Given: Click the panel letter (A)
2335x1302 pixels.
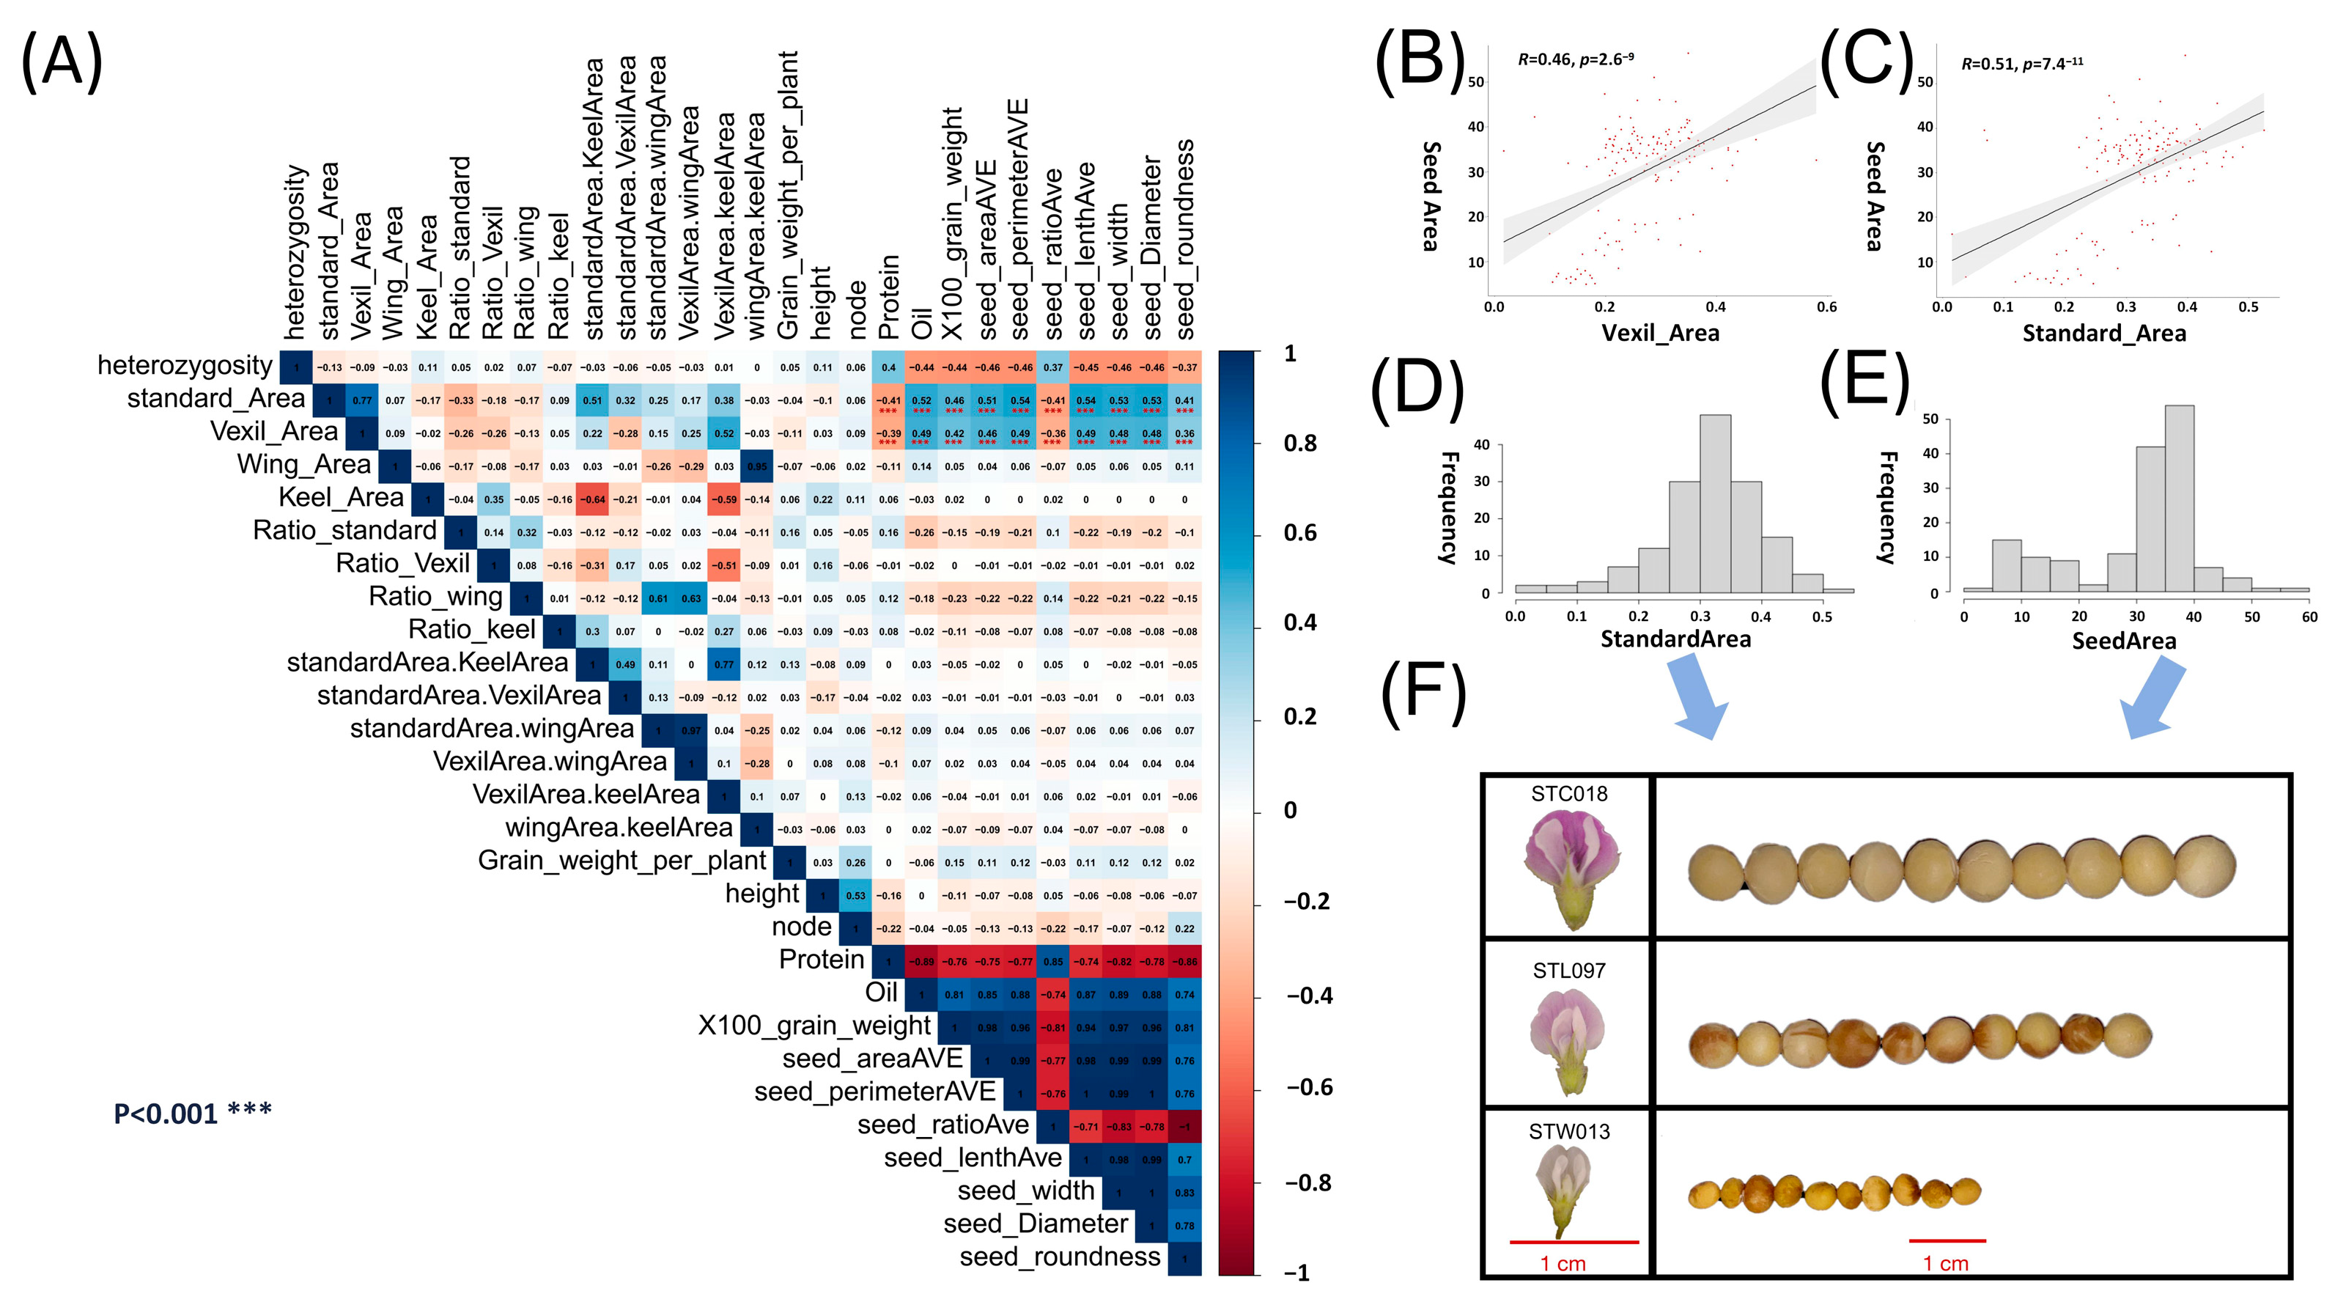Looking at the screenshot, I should (62, 61).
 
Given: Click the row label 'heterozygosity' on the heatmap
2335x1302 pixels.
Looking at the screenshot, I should (184, 364).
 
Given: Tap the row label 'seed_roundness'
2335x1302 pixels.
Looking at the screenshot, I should (1060, 1257).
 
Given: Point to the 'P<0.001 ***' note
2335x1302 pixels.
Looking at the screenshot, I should (192, 1113).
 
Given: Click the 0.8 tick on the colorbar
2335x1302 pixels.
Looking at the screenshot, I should (1300, 444).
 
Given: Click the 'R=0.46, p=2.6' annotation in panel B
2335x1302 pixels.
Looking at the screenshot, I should (1576, 60).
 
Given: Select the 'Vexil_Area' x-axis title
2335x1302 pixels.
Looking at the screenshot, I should (1660, 333).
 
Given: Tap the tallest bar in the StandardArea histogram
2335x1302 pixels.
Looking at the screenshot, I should (1715, 503).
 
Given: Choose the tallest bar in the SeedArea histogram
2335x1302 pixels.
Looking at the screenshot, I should (2179, 499).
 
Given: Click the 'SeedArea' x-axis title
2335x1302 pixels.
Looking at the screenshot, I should (2124, 641).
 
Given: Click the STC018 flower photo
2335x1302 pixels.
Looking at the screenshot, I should (1571, 869).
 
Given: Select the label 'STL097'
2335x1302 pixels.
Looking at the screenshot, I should (1569, 971).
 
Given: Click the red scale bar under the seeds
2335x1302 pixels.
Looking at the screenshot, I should (1946, 1240).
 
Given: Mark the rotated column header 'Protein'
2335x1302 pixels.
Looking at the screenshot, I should (889, 298).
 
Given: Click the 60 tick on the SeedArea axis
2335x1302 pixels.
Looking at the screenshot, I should (2309, 617).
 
